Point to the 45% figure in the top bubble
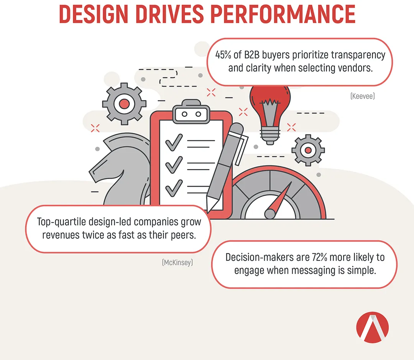click(x=223, y=55)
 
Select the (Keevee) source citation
click(x=363, y=96)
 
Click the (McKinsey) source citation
click(x=177, y=262)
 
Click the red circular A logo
click(x=372, y=327)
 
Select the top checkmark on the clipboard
click(x=174, y=142)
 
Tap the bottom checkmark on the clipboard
click(x=174, y=188)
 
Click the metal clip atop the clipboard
click(x=191, y=112)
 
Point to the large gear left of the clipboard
click(x=124, y=104)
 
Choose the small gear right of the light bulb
click(x=308, y=150)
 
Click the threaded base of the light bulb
click(x=270, y=135)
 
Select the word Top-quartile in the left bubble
click(x=61, y=222)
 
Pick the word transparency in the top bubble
click(x=358, y=55)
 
